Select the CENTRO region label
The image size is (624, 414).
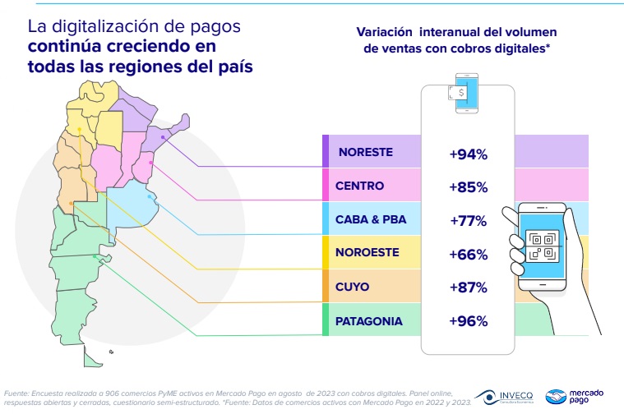coord(360,186)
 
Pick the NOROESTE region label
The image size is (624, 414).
coord(370,255)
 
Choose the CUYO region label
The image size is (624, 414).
coord(353,287)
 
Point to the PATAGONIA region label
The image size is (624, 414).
coord(369,321)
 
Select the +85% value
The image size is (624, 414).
coord(469,186)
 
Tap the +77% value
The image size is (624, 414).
coord(469,220)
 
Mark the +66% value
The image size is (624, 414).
coord(469,255)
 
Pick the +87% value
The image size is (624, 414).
coord(469,287)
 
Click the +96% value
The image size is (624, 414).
coord(469,321)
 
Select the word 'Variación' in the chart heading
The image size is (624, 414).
coord(384,32)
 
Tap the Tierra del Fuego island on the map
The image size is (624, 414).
coord(91,356)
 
